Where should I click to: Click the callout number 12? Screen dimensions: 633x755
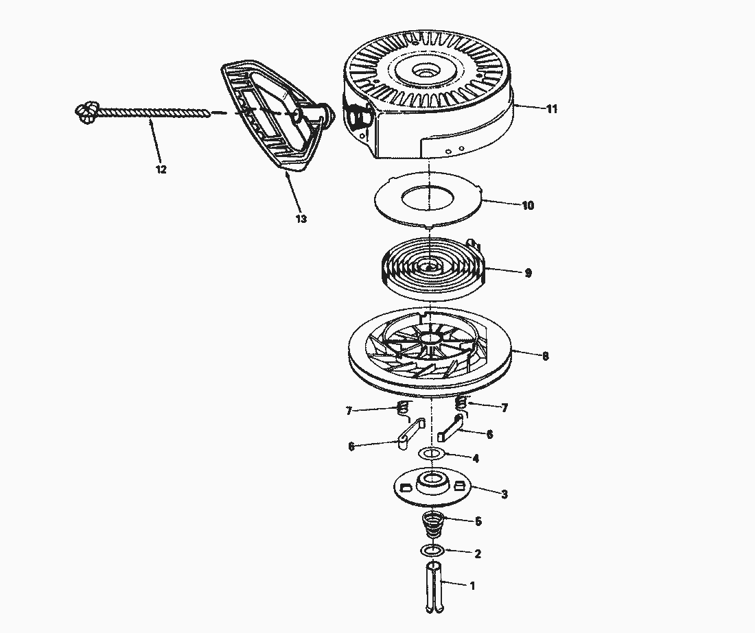click(x=161, y=169)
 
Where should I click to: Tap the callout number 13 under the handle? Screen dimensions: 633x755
click(x=301, y=219)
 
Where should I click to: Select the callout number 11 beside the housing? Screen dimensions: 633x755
click(x=551, y=109)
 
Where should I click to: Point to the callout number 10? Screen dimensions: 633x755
click(x=528, y=205)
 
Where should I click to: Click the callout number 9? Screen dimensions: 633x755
click(x=527, y=273)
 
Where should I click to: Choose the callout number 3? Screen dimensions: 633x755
click(x=504, y=494)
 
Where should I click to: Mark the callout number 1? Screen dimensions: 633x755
click(x=472, y=586)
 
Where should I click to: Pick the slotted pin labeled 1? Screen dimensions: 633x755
click(x=434, y=587)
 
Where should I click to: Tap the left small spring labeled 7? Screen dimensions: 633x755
click(x=402, y=411)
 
